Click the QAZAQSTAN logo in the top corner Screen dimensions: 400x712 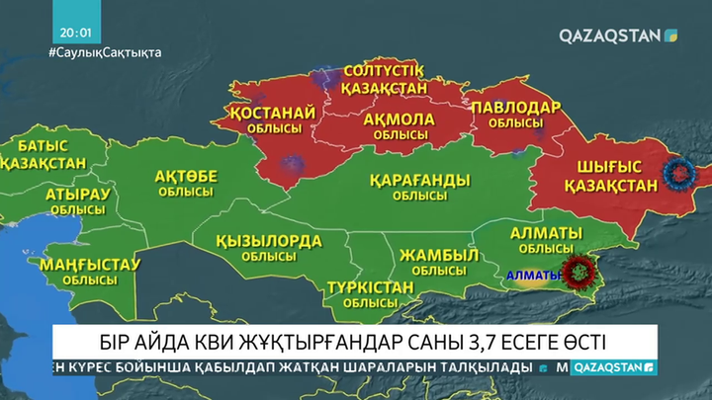[618, 36]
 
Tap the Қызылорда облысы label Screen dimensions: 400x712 [270, 248]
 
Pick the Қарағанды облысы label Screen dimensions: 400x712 [418, 187]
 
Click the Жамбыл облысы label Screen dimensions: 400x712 [432, 262]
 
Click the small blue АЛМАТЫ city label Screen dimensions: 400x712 [531, 275]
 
